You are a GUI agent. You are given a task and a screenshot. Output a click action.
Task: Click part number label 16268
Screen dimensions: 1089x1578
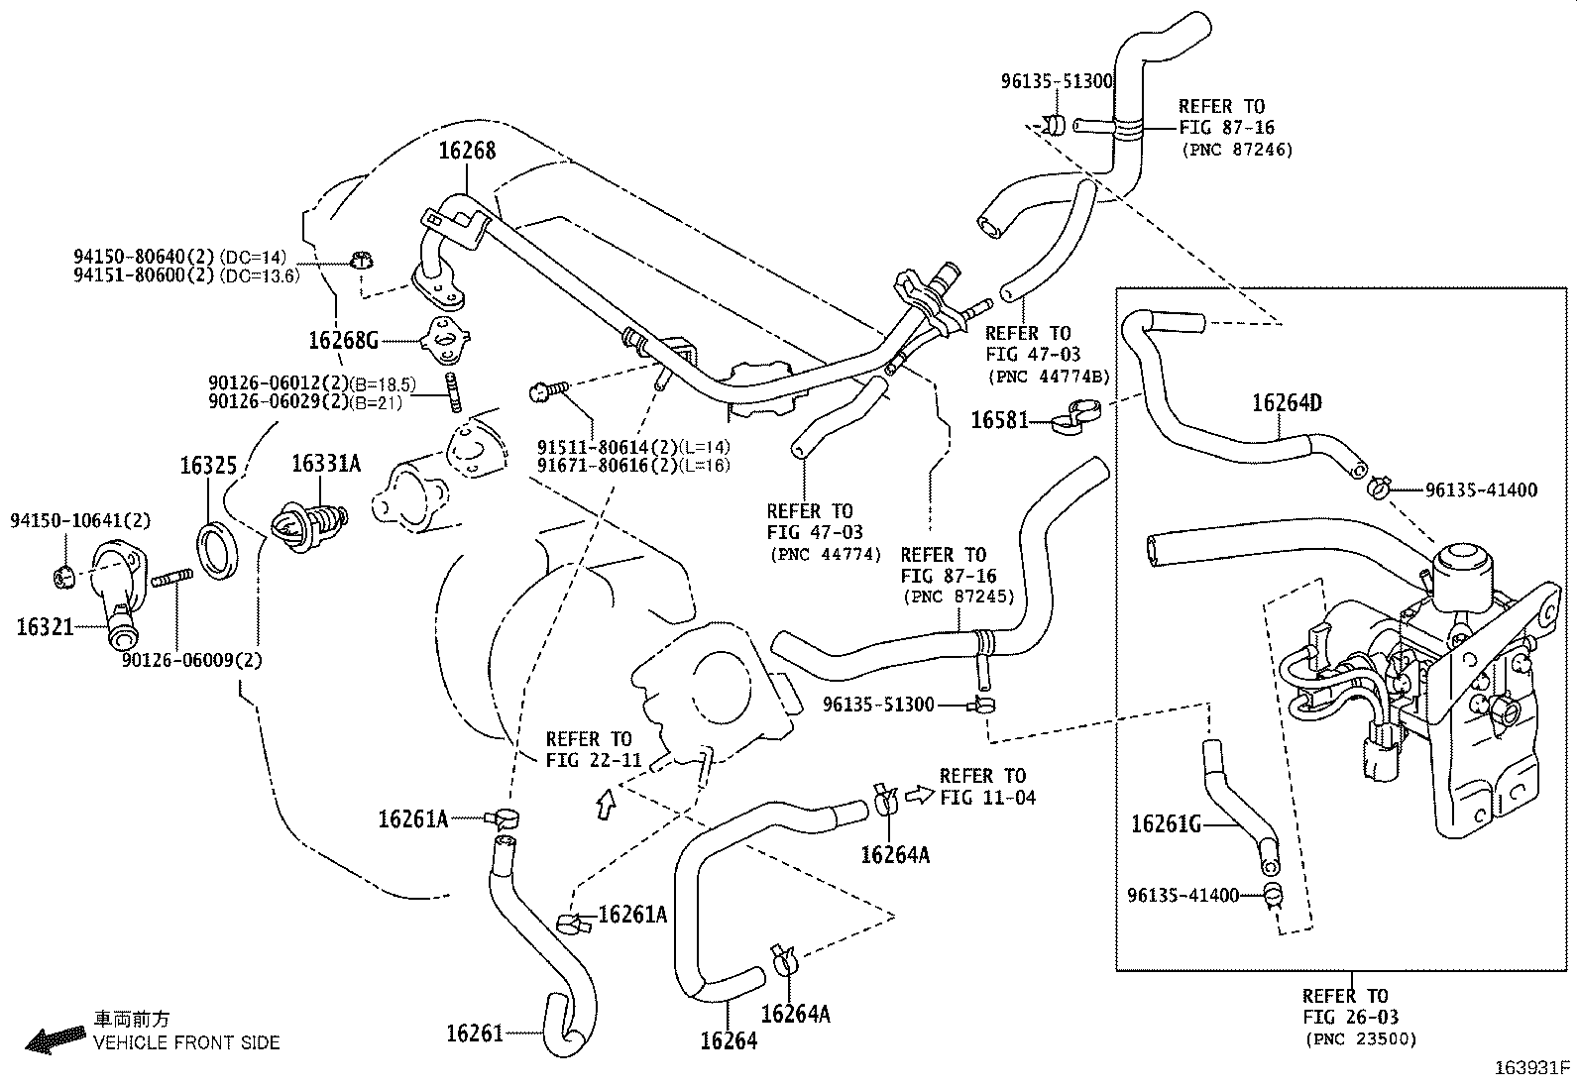pyautogui.click(x=467, y=151)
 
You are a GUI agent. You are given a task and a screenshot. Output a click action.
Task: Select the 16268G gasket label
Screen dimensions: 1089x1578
pyautogui.click(x=343, y=341)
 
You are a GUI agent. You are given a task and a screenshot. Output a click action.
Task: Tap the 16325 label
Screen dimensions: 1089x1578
pyautogui.click(x=208, y=466)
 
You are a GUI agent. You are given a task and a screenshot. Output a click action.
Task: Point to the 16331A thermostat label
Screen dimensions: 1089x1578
pyautogui.click(x=326, y=464)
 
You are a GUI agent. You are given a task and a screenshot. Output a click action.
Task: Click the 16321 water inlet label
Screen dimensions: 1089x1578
pyautogui.click(x=45, y=626)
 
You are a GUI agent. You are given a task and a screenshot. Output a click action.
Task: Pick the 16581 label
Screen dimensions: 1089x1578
pyautogui.click(x=999, y=420)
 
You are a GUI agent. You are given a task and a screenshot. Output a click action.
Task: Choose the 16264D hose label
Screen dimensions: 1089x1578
pyautogui.click(x=1287, y=402)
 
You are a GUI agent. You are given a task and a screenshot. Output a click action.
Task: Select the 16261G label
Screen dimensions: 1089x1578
pyautogui.click(x=1166, y=823)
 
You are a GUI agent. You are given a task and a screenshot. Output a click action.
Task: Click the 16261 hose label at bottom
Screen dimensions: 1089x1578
pyautogui.click(x=474, y=1034)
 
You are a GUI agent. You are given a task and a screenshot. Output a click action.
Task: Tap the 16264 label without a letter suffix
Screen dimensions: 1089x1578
pyautogui.click(x=729, y=1040)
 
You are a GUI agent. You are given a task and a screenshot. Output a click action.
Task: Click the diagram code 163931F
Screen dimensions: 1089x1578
pyautogui.click(x=1532, y=1068)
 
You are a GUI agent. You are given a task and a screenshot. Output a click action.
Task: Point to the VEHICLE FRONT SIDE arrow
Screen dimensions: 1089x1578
pyautogui.click(x=55, y=1038)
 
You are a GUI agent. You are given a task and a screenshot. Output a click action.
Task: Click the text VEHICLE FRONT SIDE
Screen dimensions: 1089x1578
pyautogui.click(x=186, y=1042)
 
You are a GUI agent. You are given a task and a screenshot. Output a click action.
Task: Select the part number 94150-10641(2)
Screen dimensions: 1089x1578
pyautogui.click(x=80, y=520)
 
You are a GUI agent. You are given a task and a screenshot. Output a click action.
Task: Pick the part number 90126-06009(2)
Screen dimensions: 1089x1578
pyautogui.click(x=192, y=660)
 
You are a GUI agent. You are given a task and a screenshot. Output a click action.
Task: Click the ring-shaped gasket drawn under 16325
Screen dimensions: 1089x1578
pyautogui.click(x=217, y=551)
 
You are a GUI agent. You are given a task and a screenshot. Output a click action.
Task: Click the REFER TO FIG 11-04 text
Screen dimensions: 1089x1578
pyautogui.click(x=987, y=786)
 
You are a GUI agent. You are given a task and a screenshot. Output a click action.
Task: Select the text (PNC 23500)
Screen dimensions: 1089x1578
pyautogui.click(x=1361, y=1039)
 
